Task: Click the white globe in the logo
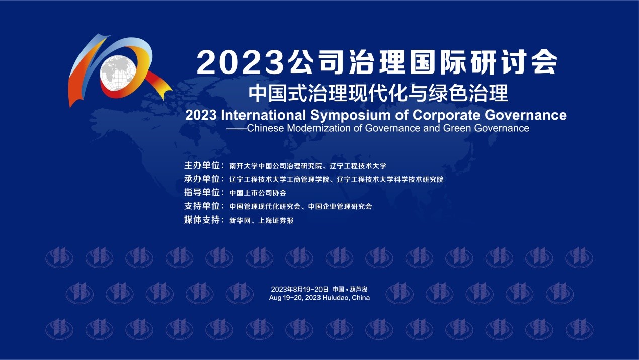118,73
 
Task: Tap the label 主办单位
202,165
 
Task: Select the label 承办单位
202,179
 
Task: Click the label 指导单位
202,193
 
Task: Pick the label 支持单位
202,206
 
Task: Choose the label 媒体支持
202,220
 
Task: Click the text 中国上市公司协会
258,193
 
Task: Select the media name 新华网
240,221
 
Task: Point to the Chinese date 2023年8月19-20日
299,289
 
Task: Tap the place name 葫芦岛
359,289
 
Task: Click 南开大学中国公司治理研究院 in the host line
276,166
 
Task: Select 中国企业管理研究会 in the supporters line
340,207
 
